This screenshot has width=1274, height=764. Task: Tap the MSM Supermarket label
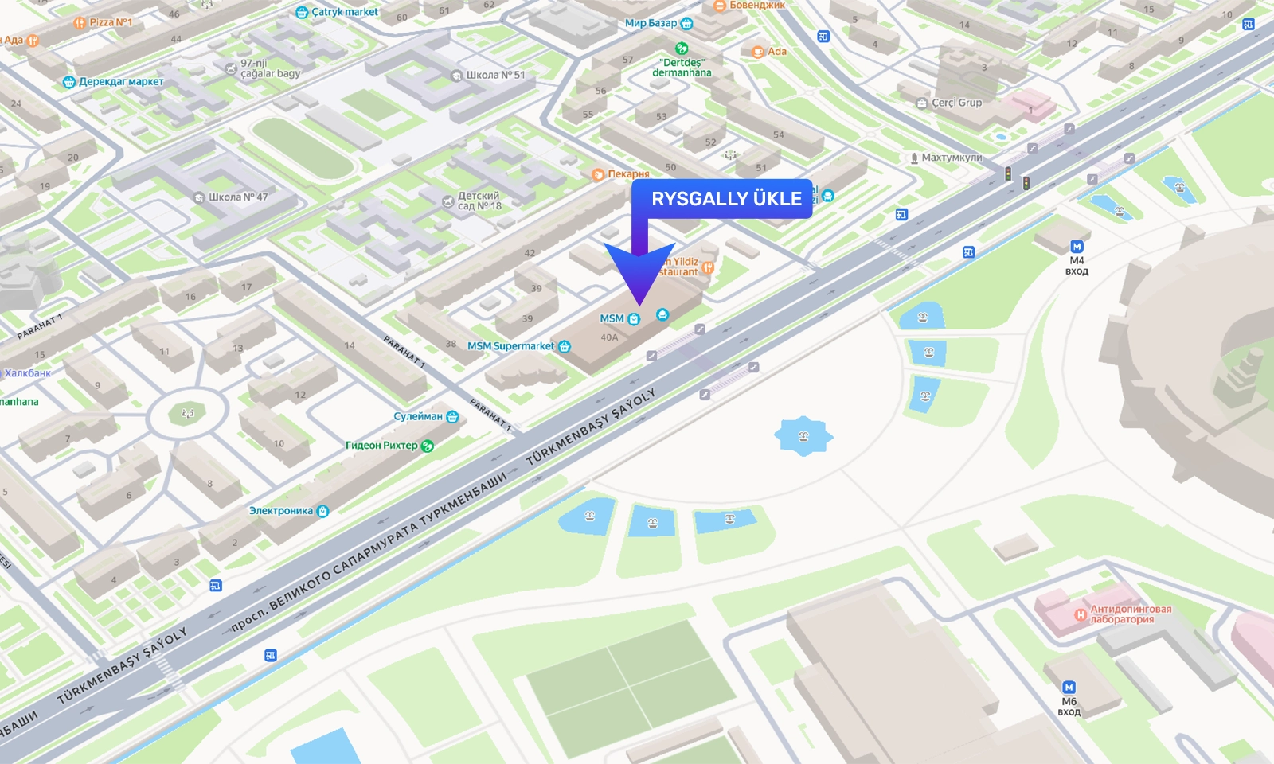[x=511, y=346]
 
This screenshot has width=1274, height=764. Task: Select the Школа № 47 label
[x=237, y=197]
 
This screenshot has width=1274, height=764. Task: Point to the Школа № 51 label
[x=494, y=75]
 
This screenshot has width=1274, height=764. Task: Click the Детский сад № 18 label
[x=479, y=201]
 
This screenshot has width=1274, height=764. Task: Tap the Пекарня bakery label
[x=628, y=174]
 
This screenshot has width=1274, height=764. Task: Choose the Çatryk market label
[x=344, y=12]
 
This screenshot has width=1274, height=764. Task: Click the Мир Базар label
[x=651, y=23]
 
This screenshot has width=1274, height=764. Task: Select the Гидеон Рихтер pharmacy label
[x=381, y=446]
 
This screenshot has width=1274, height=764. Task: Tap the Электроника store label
[x=281, y=511]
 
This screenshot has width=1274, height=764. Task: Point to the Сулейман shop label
[x=418, y=416]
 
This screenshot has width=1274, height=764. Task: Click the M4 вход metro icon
[x=1077, y=247]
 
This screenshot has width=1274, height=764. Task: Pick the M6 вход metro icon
[x=1069, y=688]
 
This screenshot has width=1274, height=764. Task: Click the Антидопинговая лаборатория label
[x=1130, y=614]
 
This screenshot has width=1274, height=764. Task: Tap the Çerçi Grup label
[x=956, y=103]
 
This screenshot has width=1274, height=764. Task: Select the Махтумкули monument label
[x=952, y=158]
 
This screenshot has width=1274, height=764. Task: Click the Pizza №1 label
[x=110, y=22]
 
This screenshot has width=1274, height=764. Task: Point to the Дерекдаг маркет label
[x=120, y=81]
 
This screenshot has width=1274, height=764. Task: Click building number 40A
[x=609, y=337]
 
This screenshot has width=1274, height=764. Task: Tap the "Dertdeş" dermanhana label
[x=682, y=68]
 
